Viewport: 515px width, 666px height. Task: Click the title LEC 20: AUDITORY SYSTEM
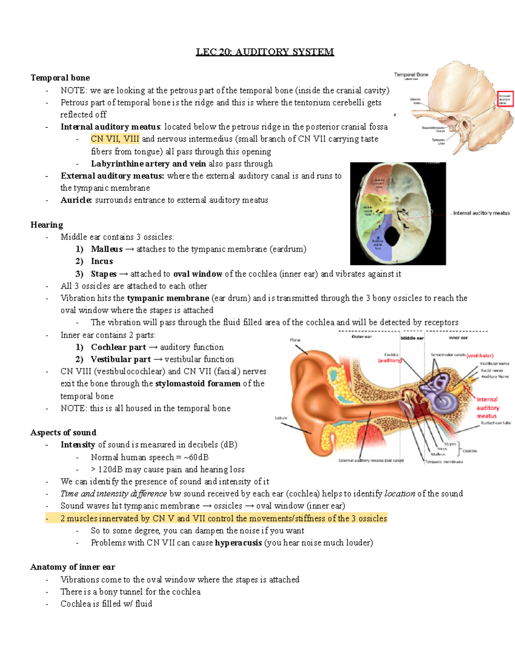pos(265,52)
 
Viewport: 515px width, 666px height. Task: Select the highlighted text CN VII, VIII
pos(115,139)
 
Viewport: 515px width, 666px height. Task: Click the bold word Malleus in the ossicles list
pos(106,249)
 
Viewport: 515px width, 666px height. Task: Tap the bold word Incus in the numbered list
pos(102,261)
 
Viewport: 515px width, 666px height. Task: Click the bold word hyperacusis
pos(238,542)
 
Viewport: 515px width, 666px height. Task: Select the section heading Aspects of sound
pos(64,432)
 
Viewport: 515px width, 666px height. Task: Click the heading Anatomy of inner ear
pos(73,567)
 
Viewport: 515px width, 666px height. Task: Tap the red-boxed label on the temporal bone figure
pos(505,99)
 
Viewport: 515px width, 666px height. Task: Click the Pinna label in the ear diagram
pos(295,340)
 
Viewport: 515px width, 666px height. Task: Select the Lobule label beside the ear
pos(281,418)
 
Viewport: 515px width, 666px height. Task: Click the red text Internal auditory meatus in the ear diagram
pos(488,407)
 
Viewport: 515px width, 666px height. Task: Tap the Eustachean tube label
pos(496,423)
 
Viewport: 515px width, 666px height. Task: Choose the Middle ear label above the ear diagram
pos(412,338)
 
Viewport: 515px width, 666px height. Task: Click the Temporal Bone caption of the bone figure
pos(411,75)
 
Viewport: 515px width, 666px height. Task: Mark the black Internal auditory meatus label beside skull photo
pos(482,213)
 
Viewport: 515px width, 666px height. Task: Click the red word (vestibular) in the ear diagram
pos(480,356)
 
